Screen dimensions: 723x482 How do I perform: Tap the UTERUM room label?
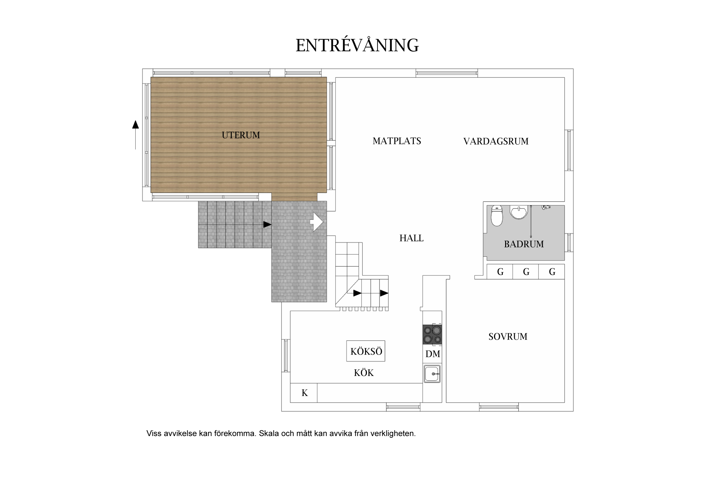[x=241, y=135]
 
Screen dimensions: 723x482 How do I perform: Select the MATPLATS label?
[x=397, y=141]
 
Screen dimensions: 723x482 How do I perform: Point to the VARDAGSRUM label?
[x=496, y=141]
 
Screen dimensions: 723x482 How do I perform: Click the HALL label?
[x=411, y=238]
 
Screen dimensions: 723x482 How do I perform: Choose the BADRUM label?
[x=524, y=244]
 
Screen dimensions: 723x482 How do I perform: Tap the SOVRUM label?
[x=508, y=337]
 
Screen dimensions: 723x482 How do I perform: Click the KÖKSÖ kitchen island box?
[x=366, y=351]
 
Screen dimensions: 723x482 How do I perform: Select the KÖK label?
[x=364, y=373]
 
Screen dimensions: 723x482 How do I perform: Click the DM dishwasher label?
[x=433, y=354]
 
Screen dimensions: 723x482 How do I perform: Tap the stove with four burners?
[x=432, y=335]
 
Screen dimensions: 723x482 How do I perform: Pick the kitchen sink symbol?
[x=432, y=374]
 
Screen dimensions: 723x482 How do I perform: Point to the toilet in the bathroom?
[x=497, y=216]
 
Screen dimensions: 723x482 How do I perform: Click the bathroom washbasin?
[x=519, y=212]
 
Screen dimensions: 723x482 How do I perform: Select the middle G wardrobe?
[x=526, y=272]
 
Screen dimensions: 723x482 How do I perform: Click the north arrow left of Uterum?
[x=135, y=135]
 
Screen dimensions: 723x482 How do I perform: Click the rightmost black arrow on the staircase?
[x=384, y=293]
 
